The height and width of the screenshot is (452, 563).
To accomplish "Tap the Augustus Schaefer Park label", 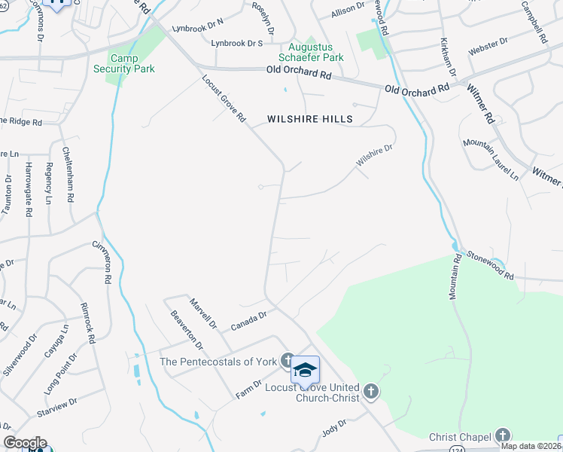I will tap(311, 51).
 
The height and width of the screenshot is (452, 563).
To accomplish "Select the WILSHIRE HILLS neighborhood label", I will tap(310, 119).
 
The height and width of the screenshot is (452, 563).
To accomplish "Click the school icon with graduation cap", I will tap(305, 370).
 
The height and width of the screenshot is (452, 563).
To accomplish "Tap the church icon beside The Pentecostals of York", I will tap(287, 360).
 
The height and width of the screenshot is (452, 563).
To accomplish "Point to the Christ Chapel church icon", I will tap(502, 435).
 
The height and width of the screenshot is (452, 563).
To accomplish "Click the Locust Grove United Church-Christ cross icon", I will tap(370, 391).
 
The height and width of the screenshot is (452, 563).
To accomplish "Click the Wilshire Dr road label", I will tap(375, 157).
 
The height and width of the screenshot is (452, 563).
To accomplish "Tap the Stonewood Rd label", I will tap(488, 265).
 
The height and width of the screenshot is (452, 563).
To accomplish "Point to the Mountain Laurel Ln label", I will tap(491, 159).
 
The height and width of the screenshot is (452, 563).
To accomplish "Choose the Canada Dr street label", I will tap(248, 322).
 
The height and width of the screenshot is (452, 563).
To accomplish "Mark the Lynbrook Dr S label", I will tap(237, 44).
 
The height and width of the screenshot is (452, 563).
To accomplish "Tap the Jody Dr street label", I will tap(333, 427).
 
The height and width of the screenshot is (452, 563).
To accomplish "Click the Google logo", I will tap(25, 443).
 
